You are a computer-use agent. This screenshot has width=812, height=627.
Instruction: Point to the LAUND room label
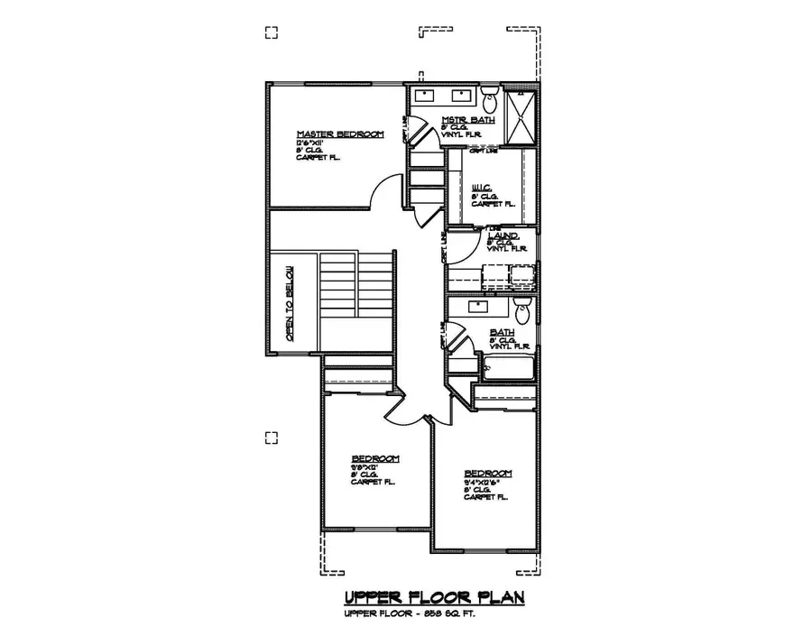(503, 235)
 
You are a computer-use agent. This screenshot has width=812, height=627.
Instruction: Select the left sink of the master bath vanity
(426, 95)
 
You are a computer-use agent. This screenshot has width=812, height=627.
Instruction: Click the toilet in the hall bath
(521, 312)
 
